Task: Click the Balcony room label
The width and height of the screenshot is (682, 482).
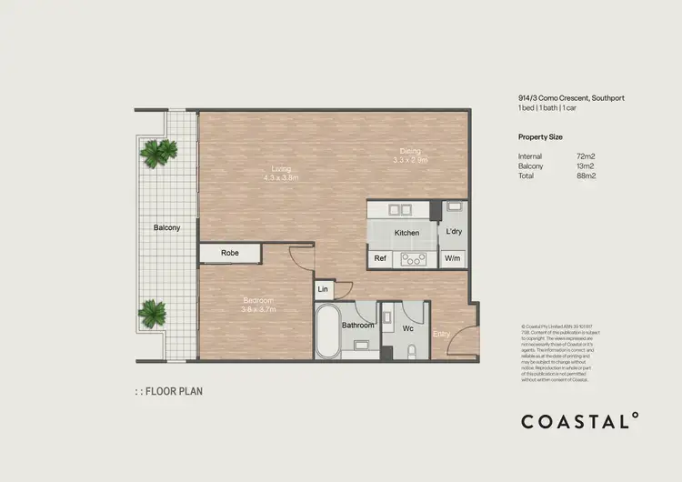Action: click(x=165, y=227)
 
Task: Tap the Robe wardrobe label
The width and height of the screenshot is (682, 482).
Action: click(x=230, y=253)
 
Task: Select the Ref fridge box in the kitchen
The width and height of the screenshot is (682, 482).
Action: click(x=380, y=259)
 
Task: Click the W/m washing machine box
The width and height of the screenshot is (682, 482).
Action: click(x=452, y=259)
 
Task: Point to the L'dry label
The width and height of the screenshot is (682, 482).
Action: click(x=453, y=232)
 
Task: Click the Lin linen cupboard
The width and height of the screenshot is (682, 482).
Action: click(x=323, y=290)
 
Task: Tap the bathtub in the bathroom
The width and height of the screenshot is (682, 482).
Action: click(x=326, y=332)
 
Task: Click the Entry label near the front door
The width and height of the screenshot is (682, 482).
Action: click(x=442, y=334)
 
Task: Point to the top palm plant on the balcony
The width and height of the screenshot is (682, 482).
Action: click(x=156, y=152)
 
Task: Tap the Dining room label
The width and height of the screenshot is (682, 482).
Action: click(x=411, y=151)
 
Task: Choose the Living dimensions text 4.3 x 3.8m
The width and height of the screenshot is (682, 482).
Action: click(x=280, y=178)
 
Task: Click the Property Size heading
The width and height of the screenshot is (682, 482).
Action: click(x=540, y=136)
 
